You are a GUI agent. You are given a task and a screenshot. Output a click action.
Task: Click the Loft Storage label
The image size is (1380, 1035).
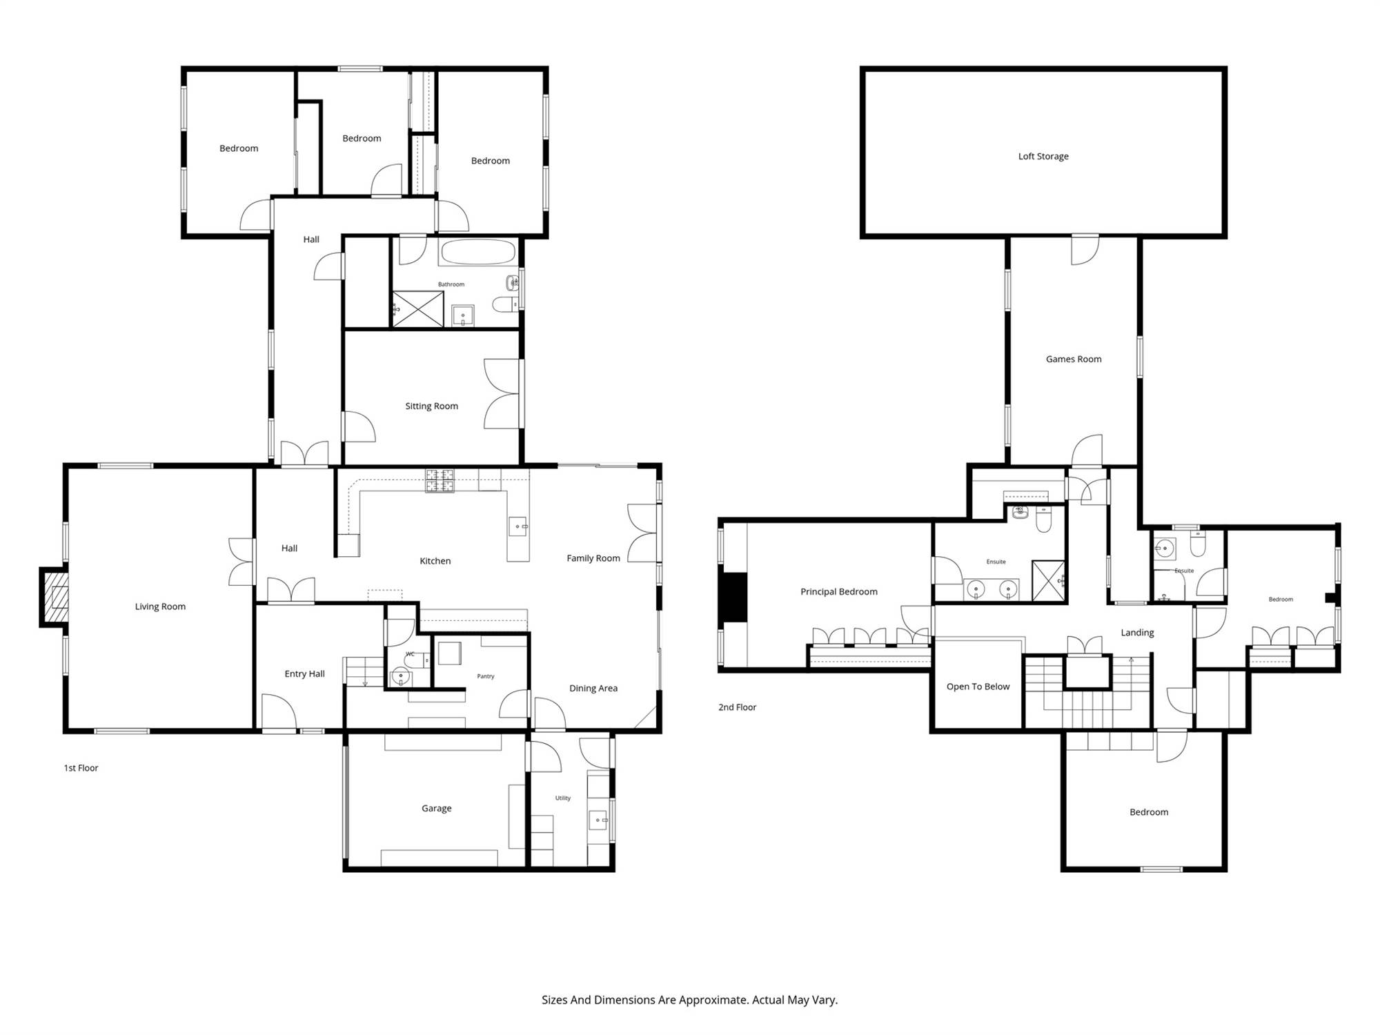tap(1043, 157)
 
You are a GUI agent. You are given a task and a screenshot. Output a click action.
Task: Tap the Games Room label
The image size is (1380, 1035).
tap(1074, 359)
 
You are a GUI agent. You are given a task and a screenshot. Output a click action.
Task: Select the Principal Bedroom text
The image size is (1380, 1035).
tap(839, 592)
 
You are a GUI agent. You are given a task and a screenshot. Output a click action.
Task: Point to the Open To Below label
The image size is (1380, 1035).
tap(978, 687)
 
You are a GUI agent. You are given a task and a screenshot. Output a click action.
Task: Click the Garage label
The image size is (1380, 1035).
tap(437, 809)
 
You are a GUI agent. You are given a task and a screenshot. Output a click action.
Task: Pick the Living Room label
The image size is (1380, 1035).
tap(160, 607)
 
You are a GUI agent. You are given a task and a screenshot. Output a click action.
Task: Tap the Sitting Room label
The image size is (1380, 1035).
tap(432, 406)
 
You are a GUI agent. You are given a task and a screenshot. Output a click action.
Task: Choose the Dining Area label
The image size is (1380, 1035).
tap(593, 689)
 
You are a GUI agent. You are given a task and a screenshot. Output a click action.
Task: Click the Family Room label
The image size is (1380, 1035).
tap(593, 559)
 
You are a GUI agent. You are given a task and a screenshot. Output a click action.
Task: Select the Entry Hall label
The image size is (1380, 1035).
tap(305, 674)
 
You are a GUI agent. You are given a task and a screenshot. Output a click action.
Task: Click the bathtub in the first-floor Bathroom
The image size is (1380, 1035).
tap(478, 252)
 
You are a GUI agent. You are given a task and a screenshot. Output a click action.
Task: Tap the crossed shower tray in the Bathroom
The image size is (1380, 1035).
tap(418, 309)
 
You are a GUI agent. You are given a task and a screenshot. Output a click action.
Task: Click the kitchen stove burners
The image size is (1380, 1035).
tap(440, 481)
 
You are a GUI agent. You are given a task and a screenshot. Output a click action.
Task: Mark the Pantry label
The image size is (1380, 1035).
tap(486, 677)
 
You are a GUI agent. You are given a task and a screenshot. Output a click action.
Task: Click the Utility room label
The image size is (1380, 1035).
tap(563, 798)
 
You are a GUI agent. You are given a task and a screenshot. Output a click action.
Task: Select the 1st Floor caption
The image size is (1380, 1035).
tap(81, 769)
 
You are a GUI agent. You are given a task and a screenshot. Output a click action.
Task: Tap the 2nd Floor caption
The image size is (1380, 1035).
tap(738, 708)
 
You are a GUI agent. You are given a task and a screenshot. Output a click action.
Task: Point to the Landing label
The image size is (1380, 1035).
tap(1137, 633)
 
